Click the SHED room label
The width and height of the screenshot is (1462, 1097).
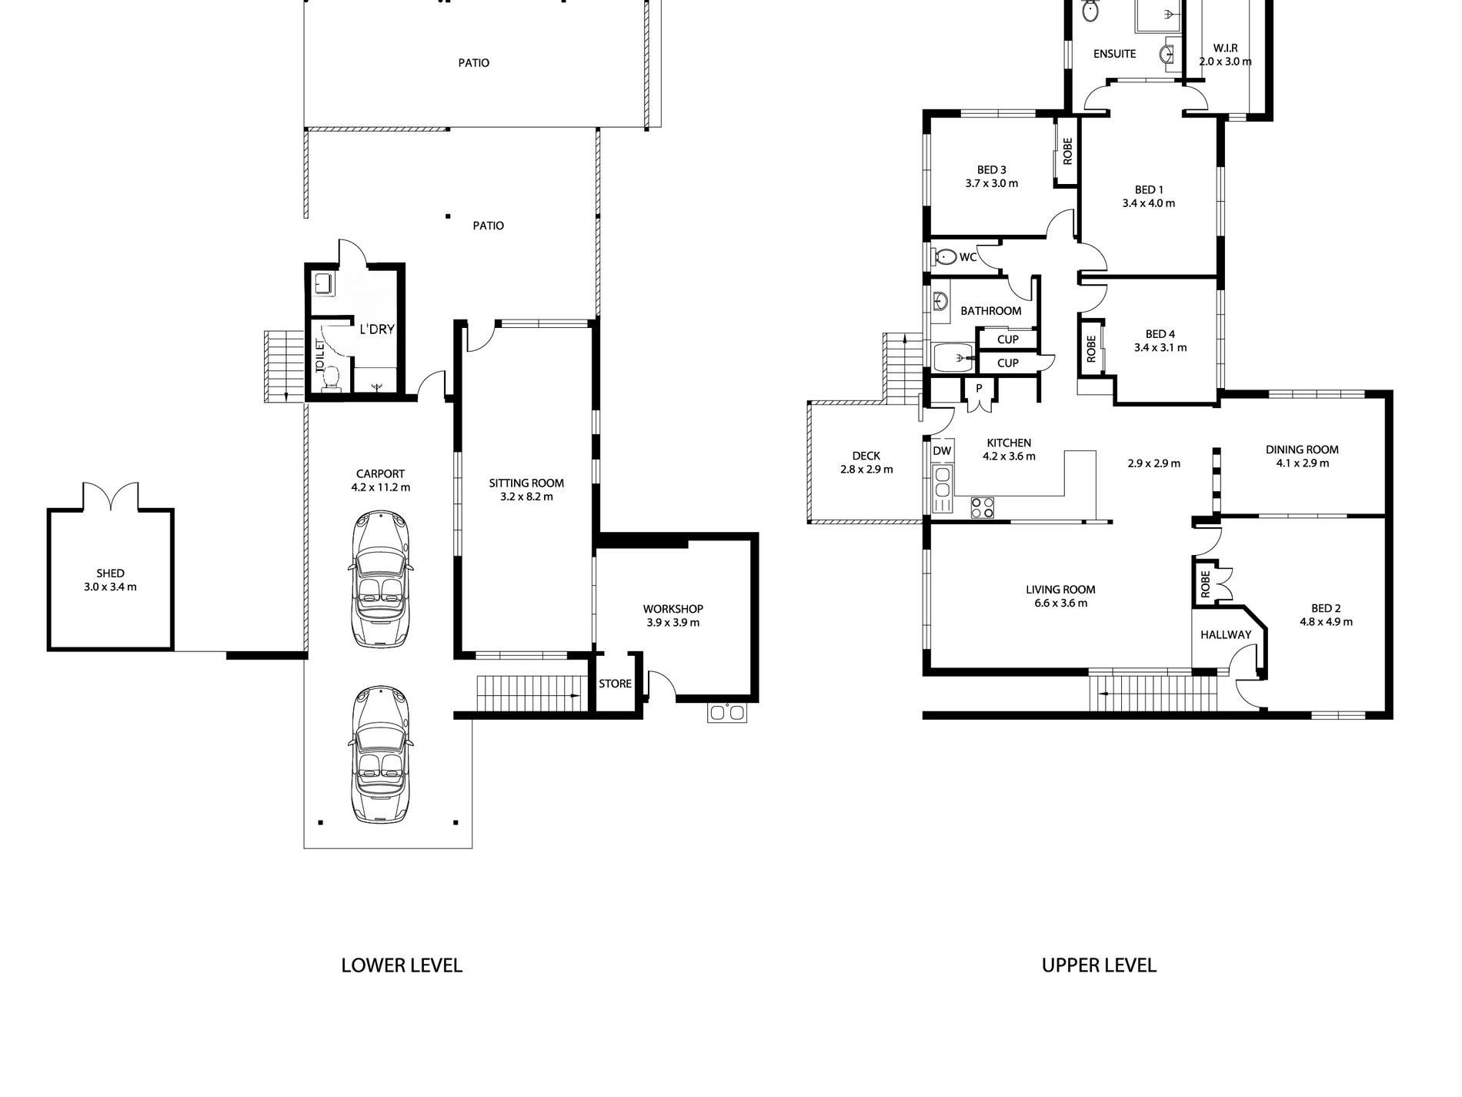pyautogui.click(x=111, y=574)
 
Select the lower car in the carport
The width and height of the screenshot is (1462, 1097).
pyautogui.click(x=380, y=754)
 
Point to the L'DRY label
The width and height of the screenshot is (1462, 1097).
pyautogui.click(x=377, y=329)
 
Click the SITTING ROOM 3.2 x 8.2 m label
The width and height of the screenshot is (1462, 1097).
pyautogui.click(x=526, y=490)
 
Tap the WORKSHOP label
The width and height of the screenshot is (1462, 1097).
pyautogui.click(x=673, y=609)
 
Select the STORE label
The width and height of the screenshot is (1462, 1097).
pyautogui.click(x=615, y=684)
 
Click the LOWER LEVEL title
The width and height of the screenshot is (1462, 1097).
pyautogui.click(x=402, y=965)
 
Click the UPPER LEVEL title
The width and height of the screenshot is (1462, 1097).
pyautogui.click(x=1099, y=965)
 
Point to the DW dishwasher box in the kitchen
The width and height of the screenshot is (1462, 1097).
pyautogui.click(x=942, y=451)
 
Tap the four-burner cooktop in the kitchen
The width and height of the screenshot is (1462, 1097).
pyautogui.click(x=983, y=507)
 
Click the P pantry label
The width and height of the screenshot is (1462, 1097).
pyautogui.click(x=979, y=389)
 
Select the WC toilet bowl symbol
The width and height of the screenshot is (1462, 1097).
pyautogui.click(x=943, y=256)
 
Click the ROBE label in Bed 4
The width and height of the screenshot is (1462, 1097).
pyautogui.click(x=1090, y=349)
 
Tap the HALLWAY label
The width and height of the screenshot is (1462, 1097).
pyautogui.click(x=1226, y=635)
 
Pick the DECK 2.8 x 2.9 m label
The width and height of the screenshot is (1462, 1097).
pyautogui.click(x=866, y=463)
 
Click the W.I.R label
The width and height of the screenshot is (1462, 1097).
pyautogui.click(x=1225, y=48)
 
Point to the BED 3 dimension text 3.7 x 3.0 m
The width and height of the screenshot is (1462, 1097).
pyautogui.click(x=992, y=184)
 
